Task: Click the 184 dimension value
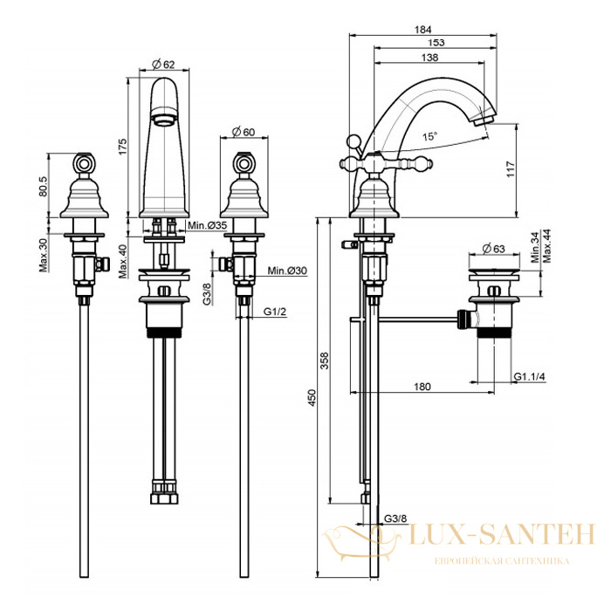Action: pos(422,30)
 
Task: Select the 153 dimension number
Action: pos(436,43)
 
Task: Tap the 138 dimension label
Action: pos(429,58)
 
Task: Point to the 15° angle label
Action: pos(429,136)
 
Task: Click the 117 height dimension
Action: pos(511,169)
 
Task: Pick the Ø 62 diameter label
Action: pos(163,65)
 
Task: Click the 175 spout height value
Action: pos(122,147)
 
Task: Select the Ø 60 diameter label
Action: pos(244,132)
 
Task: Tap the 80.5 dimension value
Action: pos(43,186)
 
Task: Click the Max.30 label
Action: pos(43,255)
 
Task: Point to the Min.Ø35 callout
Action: pos(208,225)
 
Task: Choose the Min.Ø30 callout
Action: pos(287,271)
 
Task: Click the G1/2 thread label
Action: pos(275,312)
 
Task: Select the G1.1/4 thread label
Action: pos(529,376)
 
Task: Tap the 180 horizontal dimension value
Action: pos(422,387)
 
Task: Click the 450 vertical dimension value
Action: pos(312,397)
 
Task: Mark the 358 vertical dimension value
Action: pos(324,360)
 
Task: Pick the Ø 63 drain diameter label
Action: pos(493,249)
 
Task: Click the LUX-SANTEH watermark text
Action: pos(502,534)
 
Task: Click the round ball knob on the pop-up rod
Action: pos(354,141)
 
